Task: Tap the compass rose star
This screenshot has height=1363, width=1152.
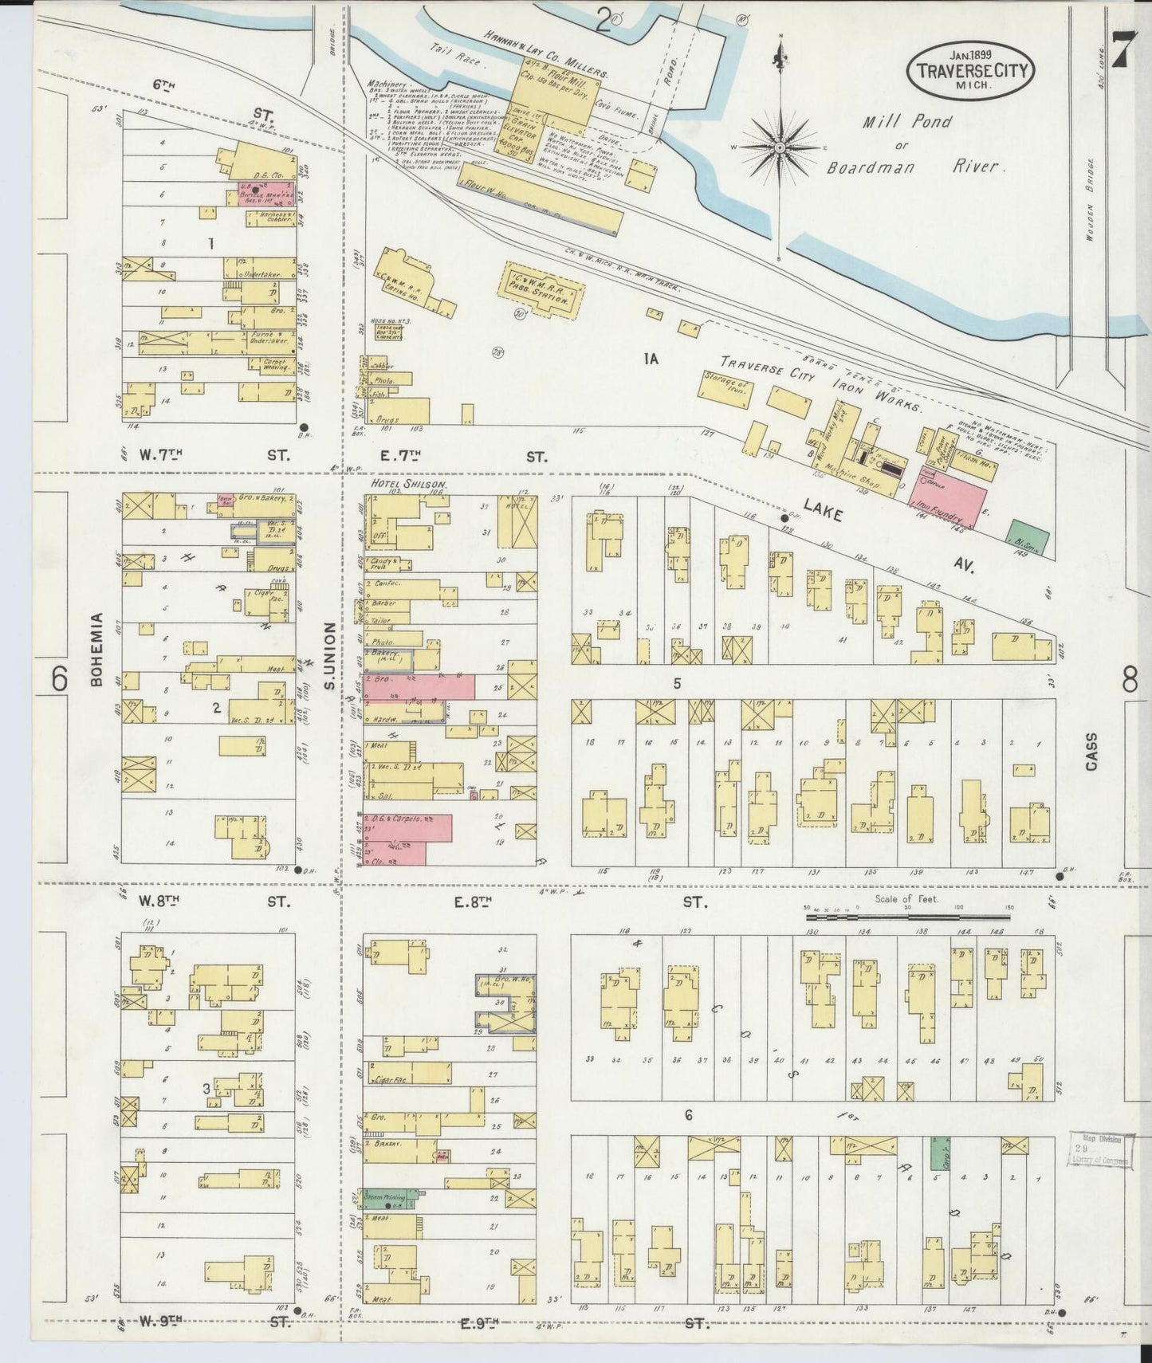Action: pyautogui.click(x=780, y=147)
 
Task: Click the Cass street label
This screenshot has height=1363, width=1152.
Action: pyautogui.click(x=1091, y=751)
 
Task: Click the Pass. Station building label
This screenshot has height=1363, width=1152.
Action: pyautogui.click(x=538, y=290)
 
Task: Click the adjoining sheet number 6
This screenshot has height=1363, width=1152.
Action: pyautogui.click(x=58, y=678)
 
